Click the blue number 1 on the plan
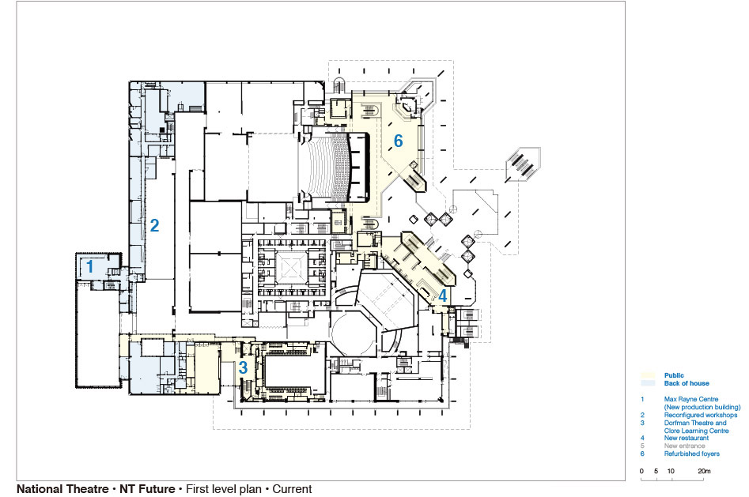pyautogui.click(x=90, y=266)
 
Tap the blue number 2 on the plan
pyautogui.click(x=154, y=225)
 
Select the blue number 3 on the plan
pyautogui.click(x=243, y=367)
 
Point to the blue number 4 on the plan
pyautogui.click(x=443, y=296)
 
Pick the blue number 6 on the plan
pyautogui.click(x=399, y=141)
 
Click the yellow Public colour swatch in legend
pyautogui.click(x=648, y=375)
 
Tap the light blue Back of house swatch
pyautogui.click(x=648, y=383)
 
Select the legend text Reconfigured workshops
pyautogui.click(x=700, y=415)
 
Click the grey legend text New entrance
pyautogui.click(x=684, y=446)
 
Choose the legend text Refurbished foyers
pyautogui.click(x=692, y=454)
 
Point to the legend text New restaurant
pyautogui.click(x=686, y=438)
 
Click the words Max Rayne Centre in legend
pyautogui.click(x=690, y=399)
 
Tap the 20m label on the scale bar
pyautogui.click(x=704, y=471)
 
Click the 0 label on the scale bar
pyautogui.click(x=641, y=471)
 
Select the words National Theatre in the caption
pyautogui.click(x=62, y=489)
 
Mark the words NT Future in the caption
pyautogui.click(x=147, y=489)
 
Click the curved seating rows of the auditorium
pyautogui.click(x=327, y=167)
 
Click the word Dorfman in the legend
pyautogui.click(x=676, y=423)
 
